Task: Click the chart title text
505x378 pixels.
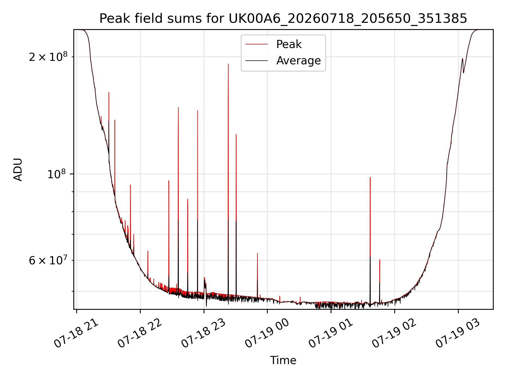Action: click(283, 19)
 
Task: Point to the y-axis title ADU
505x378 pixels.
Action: click(18, 169)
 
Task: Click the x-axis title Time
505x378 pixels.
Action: click(283, 360)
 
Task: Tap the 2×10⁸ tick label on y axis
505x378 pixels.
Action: click(48, 57)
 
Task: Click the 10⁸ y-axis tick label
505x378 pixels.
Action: click(57, 174)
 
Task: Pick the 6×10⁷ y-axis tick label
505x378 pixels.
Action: click(48, 260)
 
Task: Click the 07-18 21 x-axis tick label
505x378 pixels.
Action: click(76, 333)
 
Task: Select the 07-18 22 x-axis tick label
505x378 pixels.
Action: click(140, 333)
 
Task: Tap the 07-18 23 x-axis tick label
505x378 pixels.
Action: click(204, 333)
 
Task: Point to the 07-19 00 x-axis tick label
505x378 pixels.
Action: click(267, 333)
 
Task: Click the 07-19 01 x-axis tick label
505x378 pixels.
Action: click(331, 333)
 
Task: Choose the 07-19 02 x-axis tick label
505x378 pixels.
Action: click(395, 333)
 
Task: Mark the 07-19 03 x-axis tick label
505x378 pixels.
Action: click(458, 333)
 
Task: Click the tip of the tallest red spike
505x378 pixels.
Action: click(228, 64)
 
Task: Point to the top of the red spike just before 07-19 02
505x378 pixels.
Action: click(380, 260)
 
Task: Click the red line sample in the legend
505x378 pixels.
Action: click(257, 44)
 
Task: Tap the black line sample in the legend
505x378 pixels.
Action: click(257, 61)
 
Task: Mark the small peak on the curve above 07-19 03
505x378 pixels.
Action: click(462, 58)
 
